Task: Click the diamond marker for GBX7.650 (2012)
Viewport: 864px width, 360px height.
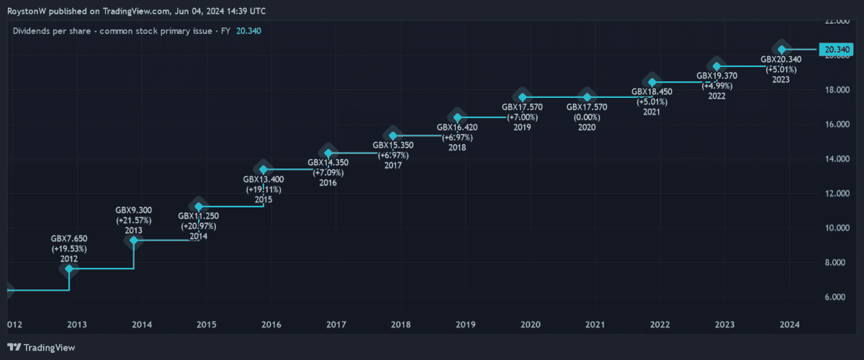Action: click(69, 269)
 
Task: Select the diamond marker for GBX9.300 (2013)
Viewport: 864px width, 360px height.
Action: click(134, 240)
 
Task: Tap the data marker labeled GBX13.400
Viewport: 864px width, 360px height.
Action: click(264, 170)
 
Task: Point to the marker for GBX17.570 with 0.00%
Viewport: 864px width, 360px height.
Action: click(588, 97)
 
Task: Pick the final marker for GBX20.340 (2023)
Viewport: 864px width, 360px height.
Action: click(782, 50)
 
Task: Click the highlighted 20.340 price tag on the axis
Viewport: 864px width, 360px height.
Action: click(837, 50)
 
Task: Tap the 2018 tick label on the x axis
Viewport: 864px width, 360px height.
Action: click(401, 325)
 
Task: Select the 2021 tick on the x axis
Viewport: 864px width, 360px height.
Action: click(595, 325)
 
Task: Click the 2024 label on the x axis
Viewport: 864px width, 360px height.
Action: click(790, 325)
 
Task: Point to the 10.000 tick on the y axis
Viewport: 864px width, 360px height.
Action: click(837, 228)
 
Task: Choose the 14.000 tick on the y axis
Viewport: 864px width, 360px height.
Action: click(837, 159)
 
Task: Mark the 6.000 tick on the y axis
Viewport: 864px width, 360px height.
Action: click(837, 297)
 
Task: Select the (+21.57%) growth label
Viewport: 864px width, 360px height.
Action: click(134, 220)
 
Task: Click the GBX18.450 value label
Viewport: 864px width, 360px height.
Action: click(652, 91)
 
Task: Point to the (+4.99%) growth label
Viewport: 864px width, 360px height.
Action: click(716, 86)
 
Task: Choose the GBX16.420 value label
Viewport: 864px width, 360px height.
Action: click(457, 127)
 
